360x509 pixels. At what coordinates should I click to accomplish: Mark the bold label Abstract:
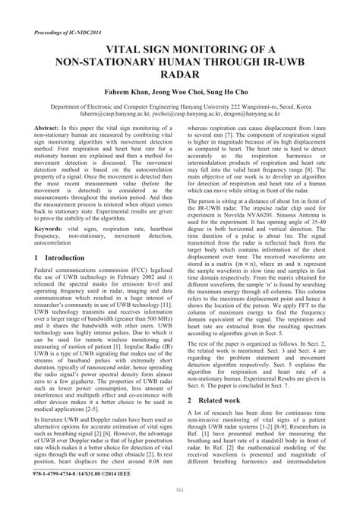click(x=50, y=128)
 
